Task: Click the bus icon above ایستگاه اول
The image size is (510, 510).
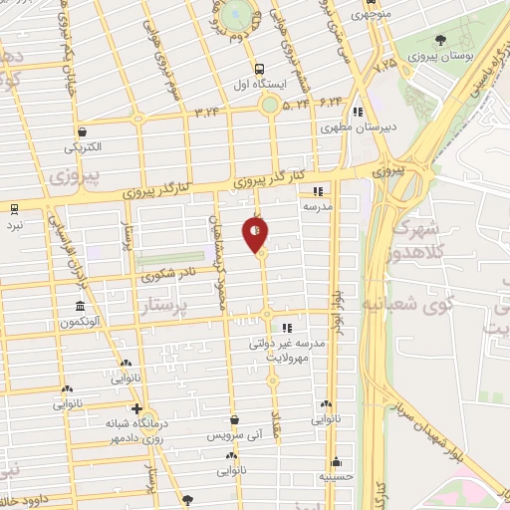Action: pyautogui.click(x=259, y=70)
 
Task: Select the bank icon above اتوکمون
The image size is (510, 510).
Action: pyautogui.click(x=80, y=306)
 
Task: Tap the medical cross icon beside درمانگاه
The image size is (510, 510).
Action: pyautogui.click(x=136, y=409)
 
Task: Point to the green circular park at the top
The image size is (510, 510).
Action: pyautogui.click(x=235, y=13)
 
